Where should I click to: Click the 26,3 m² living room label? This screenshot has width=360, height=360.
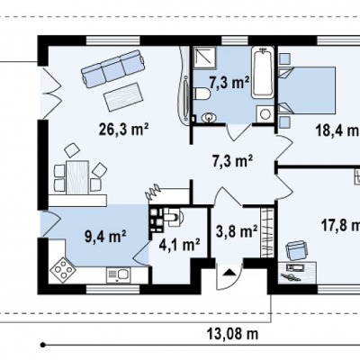[x=123, y=130]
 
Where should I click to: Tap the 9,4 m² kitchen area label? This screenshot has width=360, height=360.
[x=105, y=236]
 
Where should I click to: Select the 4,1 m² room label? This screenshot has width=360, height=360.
[x=179, y=245]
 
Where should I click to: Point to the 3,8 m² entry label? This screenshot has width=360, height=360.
[x=237, y=231]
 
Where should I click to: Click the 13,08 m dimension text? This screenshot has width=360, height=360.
[x=232, y=333]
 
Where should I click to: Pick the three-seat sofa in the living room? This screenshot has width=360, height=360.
[x=114, y=68]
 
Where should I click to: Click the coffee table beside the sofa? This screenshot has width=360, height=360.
[x=123, y=96]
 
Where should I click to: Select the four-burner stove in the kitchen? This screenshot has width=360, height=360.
[x=63, y=269]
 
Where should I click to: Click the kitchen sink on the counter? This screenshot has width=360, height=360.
[x=118, y=275]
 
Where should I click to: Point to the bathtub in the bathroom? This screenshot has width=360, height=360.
[x=263, y=72]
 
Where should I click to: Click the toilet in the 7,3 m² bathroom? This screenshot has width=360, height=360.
[x=201, y=94]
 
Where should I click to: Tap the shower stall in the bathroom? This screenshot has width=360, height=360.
[x=204, y=57]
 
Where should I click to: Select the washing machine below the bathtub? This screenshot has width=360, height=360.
[x=265, y=114]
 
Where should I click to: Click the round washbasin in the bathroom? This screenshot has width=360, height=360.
[x=209, y=117]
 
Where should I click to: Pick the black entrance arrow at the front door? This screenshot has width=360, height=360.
[x=229, y=273]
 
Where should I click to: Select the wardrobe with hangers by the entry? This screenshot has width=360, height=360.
[x=266, y=233]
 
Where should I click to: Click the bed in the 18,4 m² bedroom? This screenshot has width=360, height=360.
[x=307, y=90]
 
